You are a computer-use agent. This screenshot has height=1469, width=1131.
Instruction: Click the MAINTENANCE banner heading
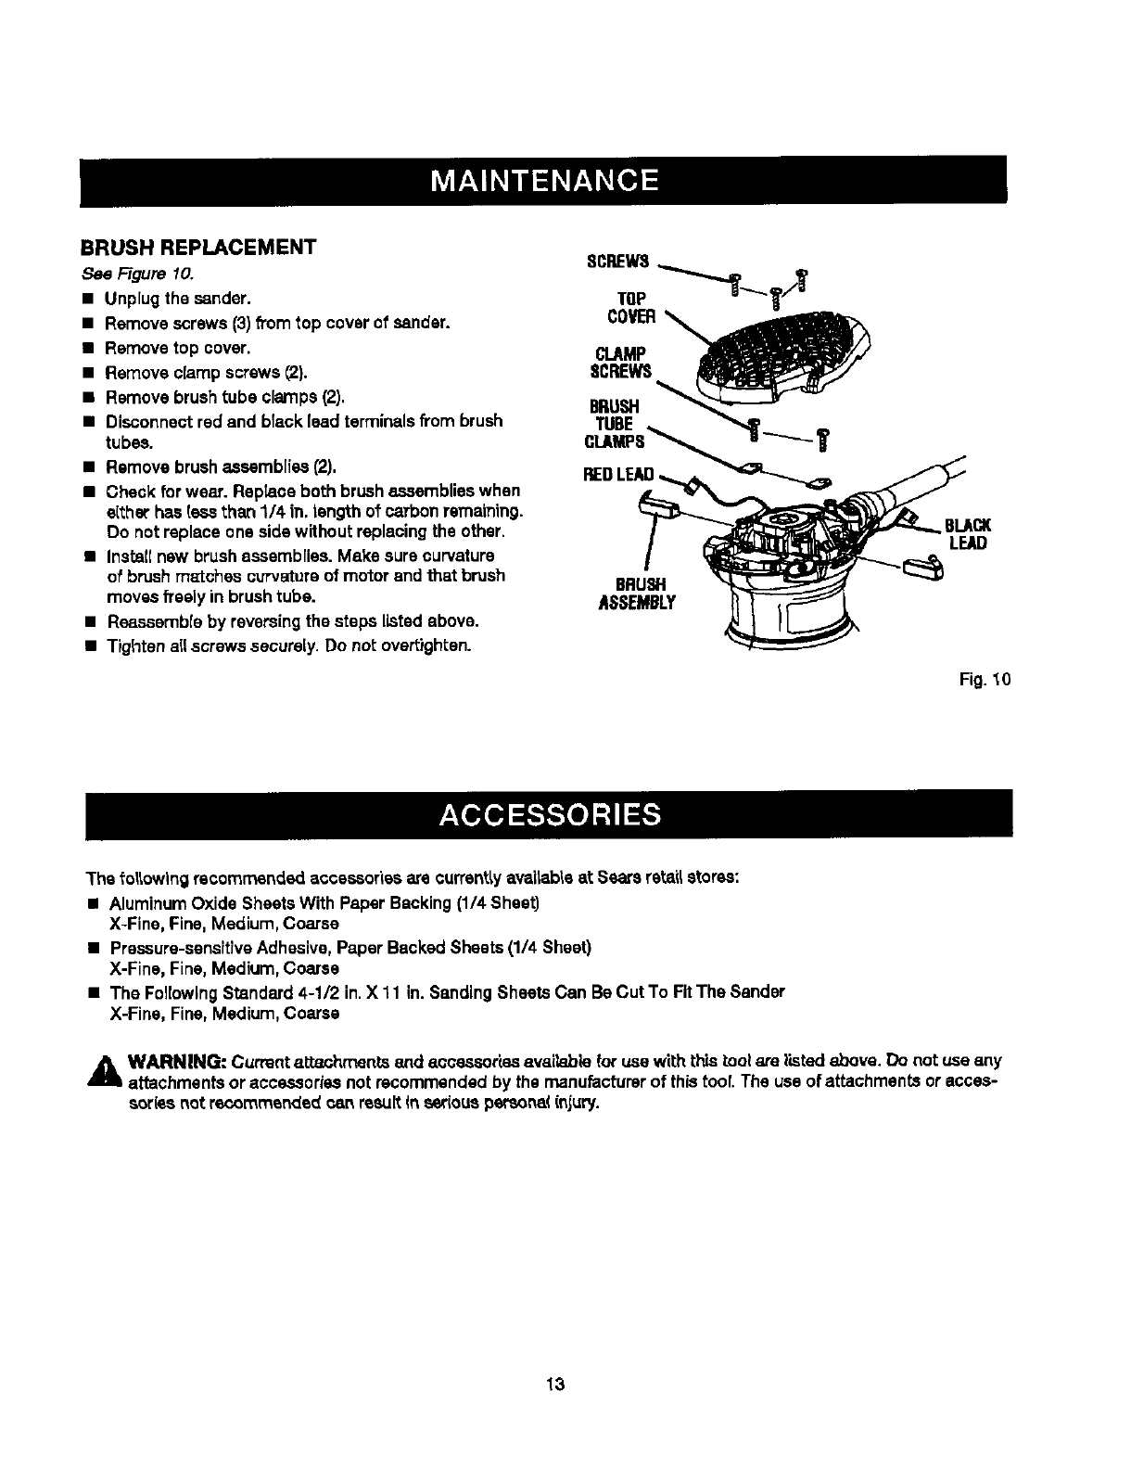tap(543, 179)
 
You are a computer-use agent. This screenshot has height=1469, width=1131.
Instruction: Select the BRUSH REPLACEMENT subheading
tap(198, 248)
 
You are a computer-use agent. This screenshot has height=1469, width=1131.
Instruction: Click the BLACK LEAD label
tap(969, 534)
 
